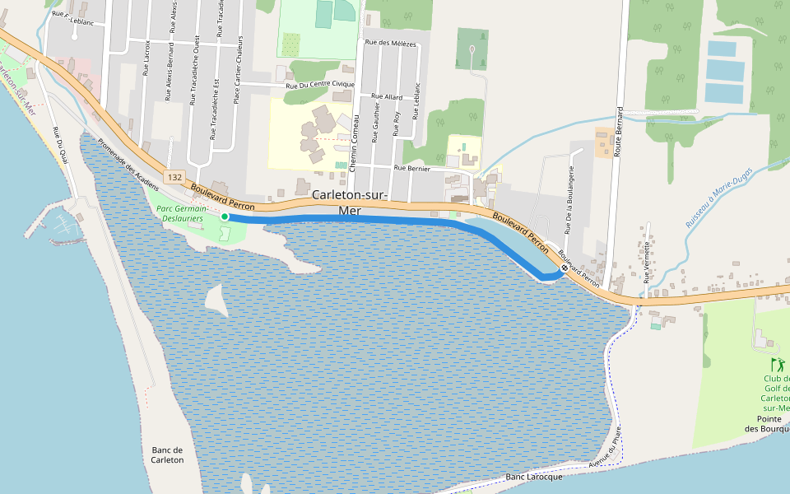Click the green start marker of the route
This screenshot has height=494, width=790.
click(x=225, y=217)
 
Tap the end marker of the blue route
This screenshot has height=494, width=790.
click(x=565, y=268)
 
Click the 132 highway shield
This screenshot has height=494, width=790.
click(x=174, y=177)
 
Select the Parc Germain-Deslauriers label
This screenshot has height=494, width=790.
click(x=180, y=213)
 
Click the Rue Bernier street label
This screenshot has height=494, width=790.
click(x=413, y=168)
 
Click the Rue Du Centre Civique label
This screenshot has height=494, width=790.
click(x=320, y=85)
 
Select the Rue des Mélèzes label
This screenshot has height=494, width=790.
click(x=391, y=43)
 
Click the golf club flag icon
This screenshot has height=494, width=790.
click(x=775, y=363)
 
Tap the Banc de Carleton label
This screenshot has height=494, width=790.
click(x=168, y=454)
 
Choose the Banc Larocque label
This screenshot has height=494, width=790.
click(x=534, y=478)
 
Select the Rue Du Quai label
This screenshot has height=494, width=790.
click(x=59, y=143)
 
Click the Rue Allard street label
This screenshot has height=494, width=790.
click(x=388, y=97)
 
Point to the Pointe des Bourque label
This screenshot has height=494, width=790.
click(x=767, y=423)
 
